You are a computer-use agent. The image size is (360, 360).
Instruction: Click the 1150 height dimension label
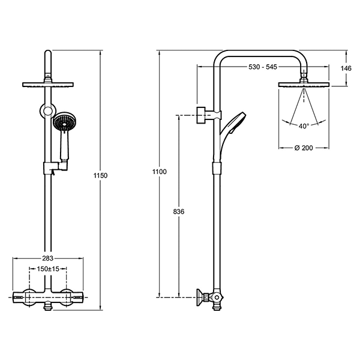click(101, 176)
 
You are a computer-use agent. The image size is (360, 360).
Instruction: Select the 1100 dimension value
click(160, 172)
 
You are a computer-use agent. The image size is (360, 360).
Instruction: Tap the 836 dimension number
click(179, 211)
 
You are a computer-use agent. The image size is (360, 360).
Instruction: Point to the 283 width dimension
click(48, 258)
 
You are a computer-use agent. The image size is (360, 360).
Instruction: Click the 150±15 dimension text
click(48, 269)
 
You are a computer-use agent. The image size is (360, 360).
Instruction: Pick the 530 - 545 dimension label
click(263, 67)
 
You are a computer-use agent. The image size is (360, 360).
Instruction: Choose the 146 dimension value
click(346, 68)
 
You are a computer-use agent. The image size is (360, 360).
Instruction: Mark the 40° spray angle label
click(304, 126)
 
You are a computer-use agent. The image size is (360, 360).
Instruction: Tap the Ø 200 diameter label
click(304, 148)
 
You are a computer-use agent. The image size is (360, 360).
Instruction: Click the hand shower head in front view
click(64, 123)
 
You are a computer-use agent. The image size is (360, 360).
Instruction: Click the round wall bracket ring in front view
click(47, 110)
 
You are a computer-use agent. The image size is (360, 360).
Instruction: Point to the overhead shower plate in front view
click(48, 85)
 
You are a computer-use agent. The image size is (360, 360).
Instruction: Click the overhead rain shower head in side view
click(304, 85)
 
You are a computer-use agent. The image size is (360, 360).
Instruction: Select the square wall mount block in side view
click(201, 115)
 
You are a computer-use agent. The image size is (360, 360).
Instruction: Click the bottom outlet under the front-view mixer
click(47, 307)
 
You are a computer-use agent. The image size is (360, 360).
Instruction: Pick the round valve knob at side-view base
click(216, 298)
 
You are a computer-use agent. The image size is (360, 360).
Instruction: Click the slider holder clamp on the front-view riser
click(47, 167)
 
